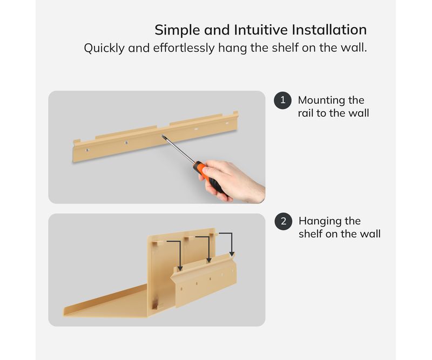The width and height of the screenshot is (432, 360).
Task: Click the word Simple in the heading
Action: [x=177, y=30]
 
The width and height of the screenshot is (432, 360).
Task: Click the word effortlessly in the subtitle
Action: [x=184, y=48]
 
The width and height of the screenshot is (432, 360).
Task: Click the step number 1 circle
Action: [x=282, y=100]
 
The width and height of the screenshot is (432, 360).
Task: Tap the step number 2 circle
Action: [x=283, y=221]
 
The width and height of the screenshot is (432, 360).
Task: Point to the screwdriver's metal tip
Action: [x=163, y=136]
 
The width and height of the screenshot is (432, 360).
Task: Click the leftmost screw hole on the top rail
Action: [x=87, y=150]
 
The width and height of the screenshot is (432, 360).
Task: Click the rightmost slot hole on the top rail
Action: [x=227, y=123]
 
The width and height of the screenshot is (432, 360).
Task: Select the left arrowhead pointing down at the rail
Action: [x=180, y=268]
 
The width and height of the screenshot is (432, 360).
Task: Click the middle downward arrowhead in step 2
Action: [x=209, y=260]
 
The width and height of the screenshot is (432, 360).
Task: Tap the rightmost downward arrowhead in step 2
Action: [x=232, y=254]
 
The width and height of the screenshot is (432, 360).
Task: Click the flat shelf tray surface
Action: [x=110, y=303]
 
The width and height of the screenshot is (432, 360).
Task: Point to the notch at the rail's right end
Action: [x=235, y=113]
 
